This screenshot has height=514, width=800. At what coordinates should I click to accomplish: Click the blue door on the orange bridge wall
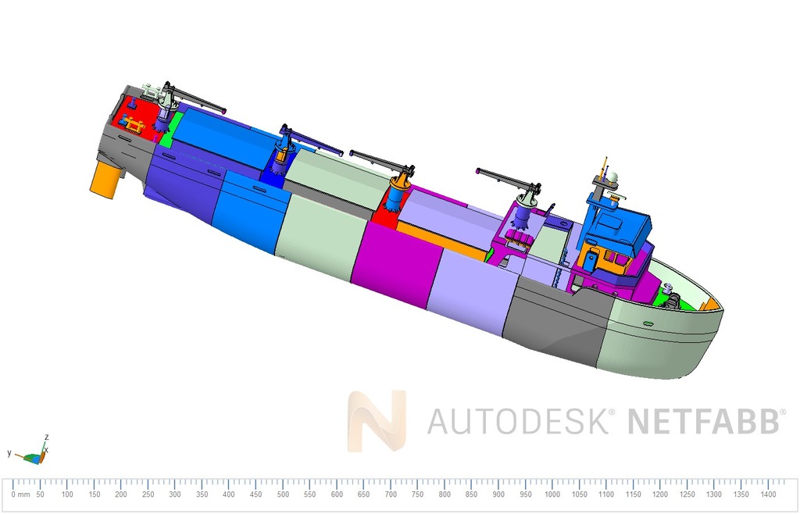[x=592, y=258]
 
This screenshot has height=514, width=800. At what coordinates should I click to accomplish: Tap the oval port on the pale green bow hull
[x=648, y=323]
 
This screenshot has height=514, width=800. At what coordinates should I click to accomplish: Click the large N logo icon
[x=377, y=421]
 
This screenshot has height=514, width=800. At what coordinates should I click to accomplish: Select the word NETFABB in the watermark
[x=703, y=421]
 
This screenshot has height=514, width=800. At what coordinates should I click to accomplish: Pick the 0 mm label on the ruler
[x=20, y=494]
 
